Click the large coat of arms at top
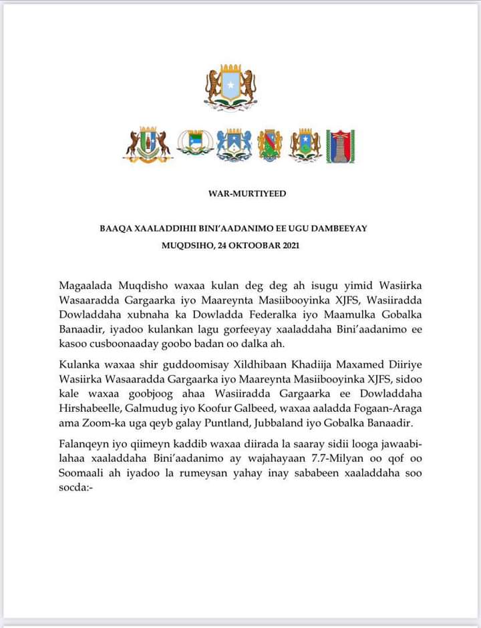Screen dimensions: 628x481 point(231,87)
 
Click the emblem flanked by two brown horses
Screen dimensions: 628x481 point(147,143)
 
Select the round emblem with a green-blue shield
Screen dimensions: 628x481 point(195,142)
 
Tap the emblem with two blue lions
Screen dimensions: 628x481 point(234,144)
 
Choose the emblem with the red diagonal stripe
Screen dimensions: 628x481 point(270,144)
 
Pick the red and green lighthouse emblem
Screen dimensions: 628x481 point(340,145)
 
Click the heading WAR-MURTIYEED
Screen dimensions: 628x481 point(247,194)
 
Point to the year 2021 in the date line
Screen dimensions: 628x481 point(289,246)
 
